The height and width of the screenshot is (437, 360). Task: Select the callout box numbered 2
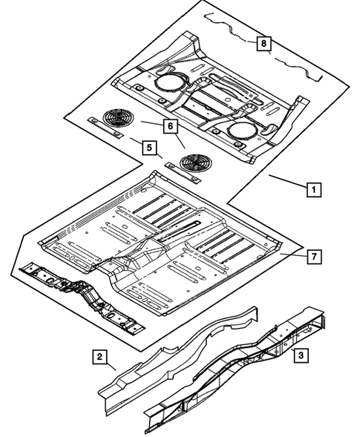pyautogui.click(x=99, y=356)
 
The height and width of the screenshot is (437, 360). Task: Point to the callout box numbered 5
pyautogui.click(x=150, y=148)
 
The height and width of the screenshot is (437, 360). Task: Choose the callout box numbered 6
pyautogui.click(x=171, y=127)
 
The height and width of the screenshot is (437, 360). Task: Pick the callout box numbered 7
pyautogui.click(x=314, y=257)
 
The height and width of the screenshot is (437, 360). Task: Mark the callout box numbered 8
pyautogui.click(x=263, y=44)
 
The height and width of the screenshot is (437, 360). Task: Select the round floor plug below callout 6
pyautogui.click(x=194, y=162)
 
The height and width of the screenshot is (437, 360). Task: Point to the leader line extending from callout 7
pyautogui.click(x=294, y=255)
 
